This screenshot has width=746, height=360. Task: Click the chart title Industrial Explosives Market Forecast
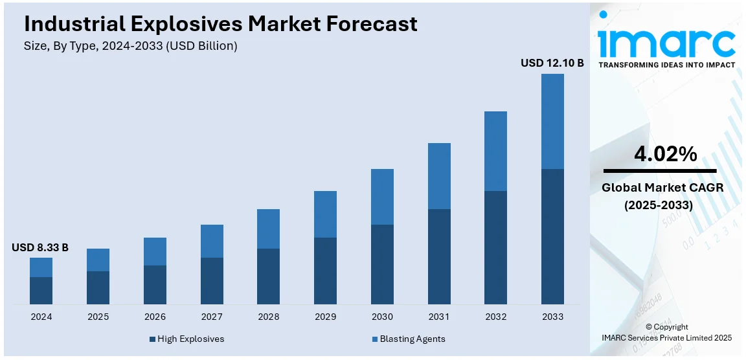click(x=220, y=24)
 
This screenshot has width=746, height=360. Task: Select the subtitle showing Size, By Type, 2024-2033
click(x=131, y=46)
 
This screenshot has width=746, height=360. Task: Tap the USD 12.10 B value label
click(x=552, y=63)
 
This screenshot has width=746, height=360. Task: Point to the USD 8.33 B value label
click(x=40, y=247)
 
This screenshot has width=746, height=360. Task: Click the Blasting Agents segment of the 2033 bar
click(x=552, y=121)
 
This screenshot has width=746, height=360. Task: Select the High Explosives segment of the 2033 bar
click(x=552, y=236)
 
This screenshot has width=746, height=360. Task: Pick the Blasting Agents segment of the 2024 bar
click(x=41, y=267)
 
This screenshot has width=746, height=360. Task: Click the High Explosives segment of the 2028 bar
click(x=268, y=276)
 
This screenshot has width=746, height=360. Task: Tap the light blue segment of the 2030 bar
click(x=382, y=197)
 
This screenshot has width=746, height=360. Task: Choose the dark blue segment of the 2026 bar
click(x=155, y=285)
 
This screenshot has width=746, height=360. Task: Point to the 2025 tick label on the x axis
click(x=98, y=317)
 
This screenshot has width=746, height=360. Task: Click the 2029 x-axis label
click(x=325, y=317)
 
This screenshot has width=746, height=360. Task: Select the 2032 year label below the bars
click(x=495, y=317)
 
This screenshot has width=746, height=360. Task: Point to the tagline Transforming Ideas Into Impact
click(x=666, y=65)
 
